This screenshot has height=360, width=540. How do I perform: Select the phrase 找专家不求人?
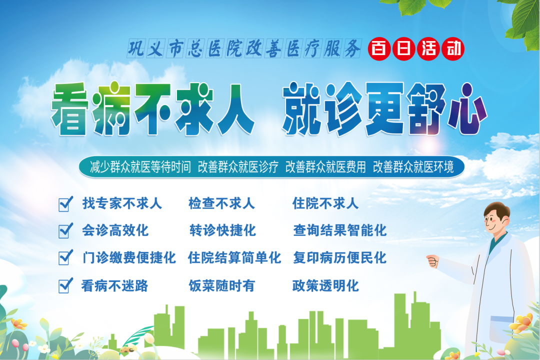click(122, 203)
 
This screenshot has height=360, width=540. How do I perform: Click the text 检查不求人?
click(221, 203)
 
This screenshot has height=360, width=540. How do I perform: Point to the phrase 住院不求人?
click(325, 203)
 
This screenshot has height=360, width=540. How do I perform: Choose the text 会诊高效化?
click(115, 230)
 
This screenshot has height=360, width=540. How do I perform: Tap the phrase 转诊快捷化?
click(222, 230)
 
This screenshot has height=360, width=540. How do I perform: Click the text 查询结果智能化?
click(339, 230)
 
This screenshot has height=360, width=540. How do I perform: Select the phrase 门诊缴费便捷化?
click(128, 258)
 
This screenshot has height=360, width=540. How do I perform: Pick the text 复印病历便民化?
click(339, 258)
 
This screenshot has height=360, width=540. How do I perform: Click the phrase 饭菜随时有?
click(221, 286)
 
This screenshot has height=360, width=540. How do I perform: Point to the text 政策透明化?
click(325, 286)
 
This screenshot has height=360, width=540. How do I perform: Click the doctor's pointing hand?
click(432, 261)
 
